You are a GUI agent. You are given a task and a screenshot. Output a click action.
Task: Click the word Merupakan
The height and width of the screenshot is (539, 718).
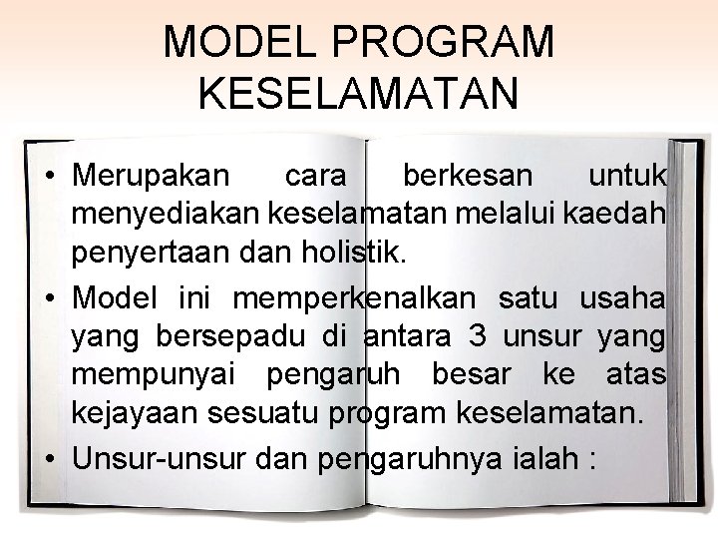[x=150, y=177]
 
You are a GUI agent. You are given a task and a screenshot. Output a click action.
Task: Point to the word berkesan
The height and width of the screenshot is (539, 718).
[x=468, y=177]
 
